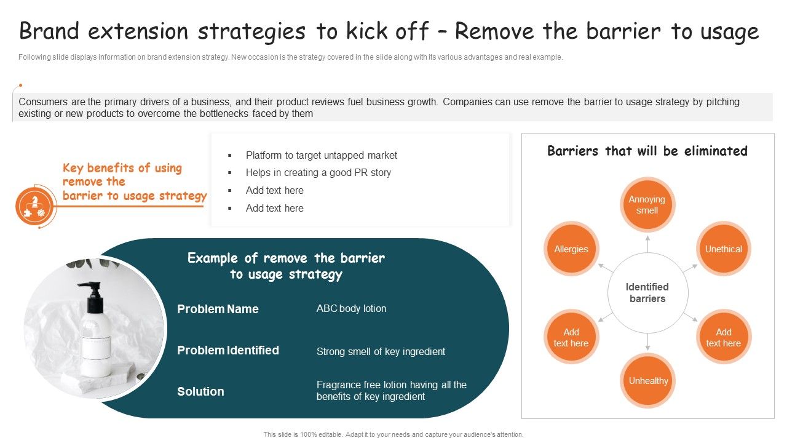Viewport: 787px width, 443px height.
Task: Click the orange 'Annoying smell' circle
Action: pos(647,205)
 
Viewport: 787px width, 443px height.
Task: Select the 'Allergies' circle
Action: pos(571,249)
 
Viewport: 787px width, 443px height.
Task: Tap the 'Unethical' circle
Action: pos(723,249)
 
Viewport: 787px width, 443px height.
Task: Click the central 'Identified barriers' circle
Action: pos(647,293)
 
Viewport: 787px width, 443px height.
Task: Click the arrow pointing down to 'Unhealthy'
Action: pos(647,343)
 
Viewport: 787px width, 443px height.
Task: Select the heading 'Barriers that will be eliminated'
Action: pos(647,151)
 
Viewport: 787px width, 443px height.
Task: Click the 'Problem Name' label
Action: pos(218,309)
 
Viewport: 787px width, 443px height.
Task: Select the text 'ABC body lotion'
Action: pos(351,308)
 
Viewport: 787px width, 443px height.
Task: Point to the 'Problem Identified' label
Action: pos(228,350)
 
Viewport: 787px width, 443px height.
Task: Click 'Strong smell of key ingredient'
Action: pos(381,351)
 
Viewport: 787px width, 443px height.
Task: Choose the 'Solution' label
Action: pos(200,391)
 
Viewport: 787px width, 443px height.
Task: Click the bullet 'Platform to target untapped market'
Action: pos(321,155)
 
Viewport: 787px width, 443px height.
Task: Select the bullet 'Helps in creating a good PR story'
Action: pos(318,172)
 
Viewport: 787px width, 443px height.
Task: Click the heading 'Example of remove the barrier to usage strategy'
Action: pos(286,266)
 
